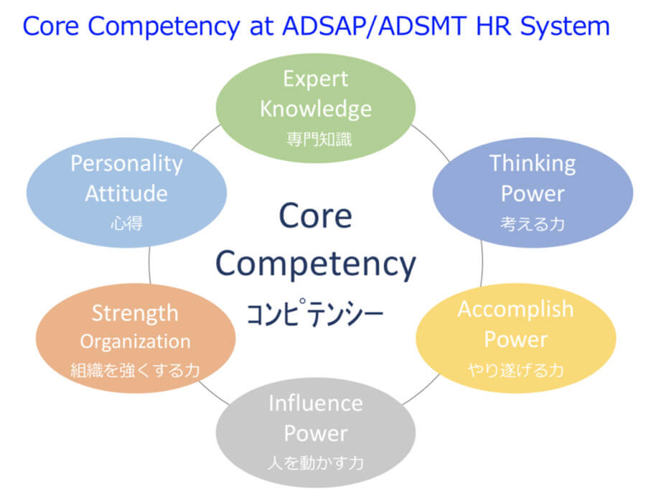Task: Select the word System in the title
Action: coord(564,27)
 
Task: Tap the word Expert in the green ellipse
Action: coord(316,79)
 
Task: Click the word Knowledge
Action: coord(316,109)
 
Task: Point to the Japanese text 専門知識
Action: coord(319,139)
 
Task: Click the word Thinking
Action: coord(533,164)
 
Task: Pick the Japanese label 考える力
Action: coord(533,224)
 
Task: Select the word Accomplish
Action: coord(515,309)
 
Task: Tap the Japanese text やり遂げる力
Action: coord(515,370)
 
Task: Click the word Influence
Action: coord(316,403)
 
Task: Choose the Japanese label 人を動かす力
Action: coord(316,463)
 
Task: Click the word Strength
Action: coord(135,313)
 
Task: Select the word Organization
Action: coord(135,342)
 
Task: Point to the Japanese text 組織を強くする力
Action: coord(135,370)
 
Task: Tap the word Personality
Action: coord(126,164)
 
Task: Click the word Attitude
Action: coord(126,193)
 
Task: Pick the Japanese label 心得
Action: coord(126,223)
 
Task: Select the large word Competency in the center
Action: coord(316,265)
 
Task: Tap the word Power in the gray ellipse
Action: coord(316,433)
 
